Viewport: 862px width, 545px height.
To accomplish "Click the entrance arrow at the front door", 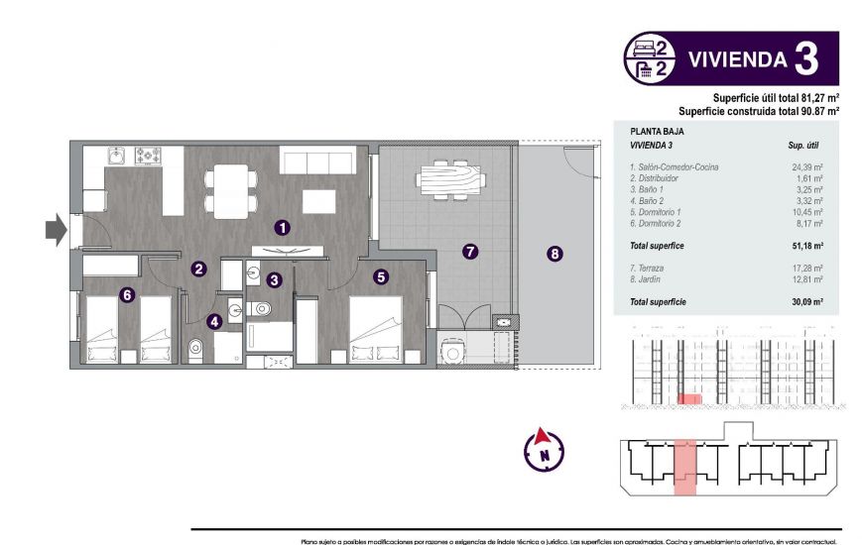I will tap(54, 231).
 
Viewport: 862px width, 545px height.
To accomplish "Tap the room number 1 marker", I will tap(284, 227).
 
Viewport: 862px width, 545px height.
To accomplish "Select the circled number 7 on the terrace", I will tap(470, 253).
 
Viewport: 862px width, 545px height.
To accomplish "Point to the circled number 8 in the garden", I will tap(554, 254).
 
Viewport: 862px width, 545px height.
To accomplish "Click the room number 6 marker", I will tap(126, 294).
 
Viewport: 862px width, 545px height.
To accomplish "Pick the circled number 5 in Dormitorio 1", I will tap(381, 277).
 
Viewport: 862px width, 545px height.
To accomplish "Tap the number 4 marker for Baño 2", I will tap(214, 321).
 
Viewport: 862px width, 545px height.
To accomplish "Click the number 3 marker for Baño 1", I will tap(274, 281).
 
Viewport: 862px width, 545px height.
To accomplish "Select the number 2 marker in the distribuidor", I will tap(199, 269).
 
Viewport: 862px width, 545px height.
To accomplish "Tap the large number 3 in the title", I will tap(806, 59).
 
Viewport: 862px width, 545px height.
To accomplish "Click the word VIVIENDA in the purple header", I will tap(737, 59).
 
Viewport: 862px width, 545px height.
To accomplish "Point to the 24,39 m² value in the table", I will tap(807, 167).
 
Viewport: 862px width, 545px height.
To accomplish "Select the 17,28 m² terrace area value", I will tap(807, 269).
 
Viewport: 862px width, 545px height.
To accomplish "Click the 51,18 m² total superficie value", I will tap(807, 244).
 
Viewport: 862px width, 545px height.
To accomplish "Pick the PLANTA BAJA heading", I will tap(657, 131).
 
